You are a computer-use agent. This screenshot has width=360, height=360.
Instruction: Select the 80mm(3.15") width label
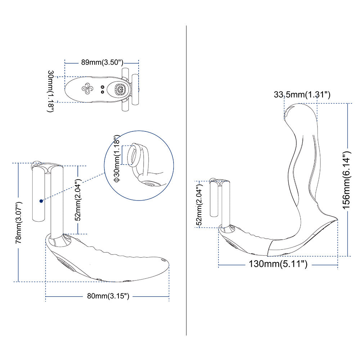pyautogui.click(x=108, y=296)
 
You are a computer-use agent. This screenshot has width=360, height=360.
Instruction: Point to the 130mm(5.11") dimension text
pyautogui.click(x=278, y=265)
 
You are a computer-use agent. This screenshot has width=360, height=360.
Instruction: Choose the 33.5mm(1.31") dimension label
pyautogui.click(x=302, y=95)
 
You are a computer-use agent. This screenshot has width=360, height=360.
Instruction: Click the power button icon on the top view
pyautogui.click(x=120, y=89)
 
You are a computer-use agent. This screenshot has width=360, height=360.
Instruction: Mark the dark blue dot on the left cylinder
pyautogui.click(x=42, y=200)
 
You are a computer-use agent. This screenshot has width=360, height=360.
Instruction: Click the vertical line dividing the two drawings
pyautogui.click(x=186, y=180)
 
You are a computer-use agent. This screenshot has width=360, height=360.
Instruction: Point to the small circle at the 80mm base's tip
pyautogui.click(x=163, y=260)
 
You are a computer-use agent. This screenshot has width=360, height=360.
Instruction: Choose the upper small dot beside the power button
pyautogui.click(x=103, y=87)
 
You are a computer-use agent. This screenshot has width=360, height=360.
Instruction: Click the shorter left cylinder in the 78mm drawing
pyautogui.click(x=39, y=194)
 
